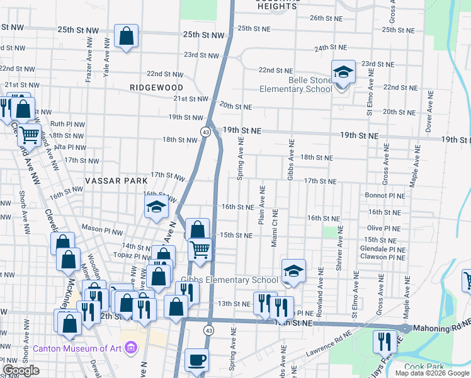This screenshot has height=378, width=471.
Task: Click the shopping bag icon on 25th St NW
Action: tap(126, 37)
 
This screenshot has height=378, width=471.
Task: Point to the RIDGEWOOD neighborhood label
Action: tap(157, 88)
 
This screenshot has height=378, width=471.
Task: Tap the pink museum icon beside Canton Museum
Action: tap(131, 347)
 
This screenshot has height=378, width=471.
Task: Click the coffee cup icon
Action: tap(196, 360)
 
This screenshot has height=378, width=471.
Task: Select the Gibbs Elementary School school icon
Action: tap(293, 272)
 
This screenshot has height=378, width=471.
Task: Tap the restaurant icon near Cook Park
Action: tap(385, 342)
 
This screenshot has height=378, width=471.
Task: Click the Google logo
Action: tap(21, 371)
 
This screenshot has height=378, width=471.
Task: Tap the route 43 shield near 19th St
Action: tap(206, 131)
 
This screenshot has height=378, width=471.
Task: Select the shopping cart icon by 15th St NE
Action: tap(200, 249)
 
